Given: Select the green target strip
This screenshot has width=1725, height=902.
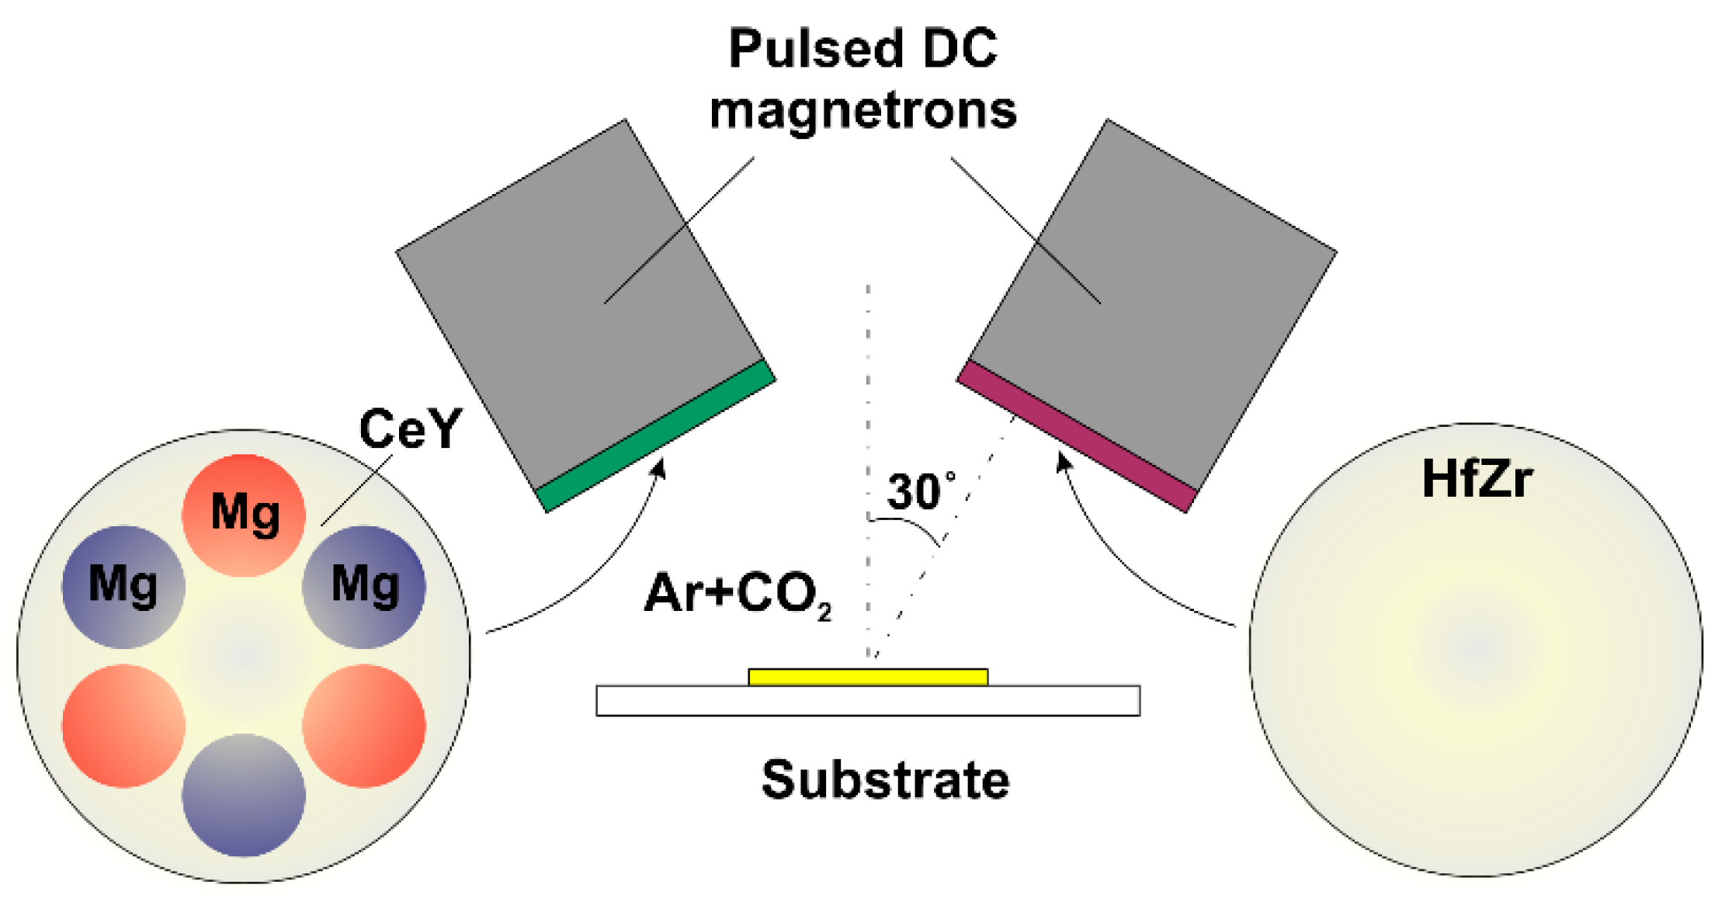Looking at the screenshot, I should (x=656, y=436).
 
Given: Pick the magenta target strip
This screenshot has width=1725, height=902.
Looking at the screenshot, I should (x=1077, y=436).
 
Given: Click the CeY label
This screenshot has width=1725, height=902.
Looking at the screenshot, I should (x=410, y=428).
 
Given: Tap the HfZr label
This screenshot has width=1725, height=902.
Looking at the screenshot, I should (x=1477, y=479).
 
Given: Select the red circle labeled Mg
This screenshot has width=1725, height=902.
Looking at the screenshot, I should (x=244, y=515).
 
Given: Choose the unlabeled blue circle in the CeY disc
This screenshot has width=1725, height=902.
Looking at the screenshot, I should (x=244, y=795).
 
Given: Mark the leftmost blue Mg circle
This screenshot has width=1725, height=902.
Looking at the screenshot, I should (x=123, y=586).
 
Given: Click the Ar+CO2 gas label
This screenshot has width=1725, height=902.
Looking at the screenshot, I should (x=738, y=595).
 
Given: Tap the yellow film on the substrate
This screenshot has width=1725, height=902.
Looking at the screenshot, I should (x=868, y=677).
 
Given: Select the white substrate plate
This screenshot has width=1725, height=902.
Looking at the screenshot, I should (x=868, y=701).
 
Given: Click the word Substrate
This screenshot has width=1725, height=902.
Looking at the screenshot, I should (x=885, y=779).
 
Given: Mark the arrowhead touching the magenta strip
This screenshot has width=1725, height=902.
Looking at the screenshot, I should (x=1063, y=463).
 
